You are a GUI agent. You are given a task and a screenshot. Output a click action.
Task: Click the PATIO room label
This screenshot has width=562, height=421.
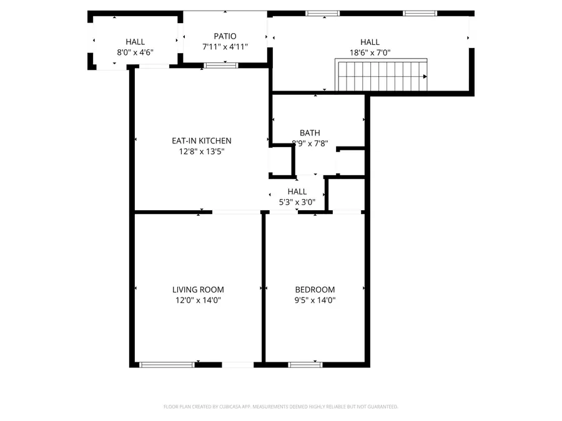[224, 36]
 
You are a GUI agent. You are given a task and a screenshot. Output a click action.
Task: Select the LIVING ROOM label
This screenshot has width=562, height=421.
[198, 289]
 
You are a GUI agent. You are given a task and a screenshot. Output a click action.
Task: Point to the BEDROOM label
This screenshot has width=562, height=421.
[315, 289]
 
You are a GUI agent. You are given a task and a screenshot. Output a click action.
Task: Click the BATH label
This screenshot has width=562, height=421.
[310, 132]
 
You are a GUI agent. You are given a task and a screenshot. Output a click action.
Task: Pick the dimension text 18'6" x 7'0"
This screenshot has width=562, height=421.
[370, 53]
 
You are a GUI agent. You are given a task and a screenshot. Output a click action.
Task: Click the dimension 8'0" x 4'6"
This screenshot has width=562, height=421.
[135, 53]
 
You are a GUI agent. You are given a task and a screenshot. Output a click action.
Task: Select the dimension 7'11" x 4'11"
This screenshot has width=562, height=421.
[225, 47]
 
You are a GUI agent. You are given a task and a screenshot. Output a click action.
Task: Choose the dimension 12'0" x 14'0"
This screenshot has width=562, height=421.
[198, 300]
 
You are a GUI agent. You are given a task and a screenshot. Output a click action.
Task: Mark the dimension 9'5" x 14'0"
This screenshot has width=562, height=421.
[315, 300]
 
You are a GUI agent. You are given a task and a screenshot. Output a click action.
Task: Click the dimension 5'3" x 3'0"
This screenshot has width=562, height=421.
[297, 202]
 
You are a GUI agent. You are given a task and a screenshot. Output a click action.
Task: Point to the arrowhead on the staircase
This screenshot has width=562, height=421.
[425, 76]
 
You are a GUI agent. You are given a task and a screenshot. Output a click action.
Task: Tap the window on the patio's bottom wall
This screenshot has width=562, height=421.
[221, 65]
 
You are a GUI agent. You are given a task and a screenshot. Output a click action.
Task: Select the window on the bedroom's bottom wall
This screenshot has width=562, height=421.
[305, 364]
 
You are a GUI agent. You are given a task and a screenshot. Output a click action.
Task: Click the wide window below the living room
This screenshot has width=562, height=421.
[167, 364]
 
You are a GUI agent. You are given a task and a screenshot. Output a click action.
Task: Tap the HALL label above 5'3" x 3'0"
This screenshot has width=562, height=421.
[297, 191]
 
